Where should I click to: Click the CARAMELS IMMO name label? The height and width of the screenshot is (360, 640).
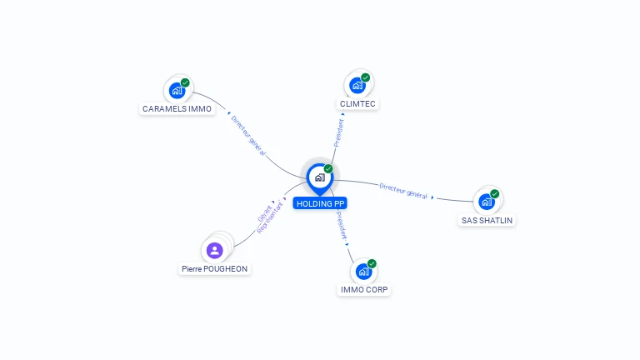click(x=177, y=108)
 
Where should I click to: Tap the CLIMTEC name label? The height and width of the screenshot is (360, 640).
click(x=357, y=104)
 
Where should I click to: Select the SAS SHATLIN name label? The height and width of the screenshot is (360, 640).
click(x=487, y=221)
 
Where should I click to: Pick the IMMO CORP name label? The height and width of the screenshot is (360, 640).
click(x=364, y=290)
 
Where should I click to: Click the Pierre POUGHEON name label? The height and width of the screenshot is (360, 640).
click(x=215, y=269)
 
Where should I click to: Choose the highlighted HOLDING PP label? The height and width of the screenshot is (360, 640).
click(x=320, y=203)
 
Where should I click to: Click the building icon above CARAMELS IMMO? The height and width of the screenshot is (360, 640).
click(x=177, y=90)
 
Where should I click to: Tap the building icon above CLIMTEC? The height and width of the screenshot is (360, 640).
click(x=357, y=85)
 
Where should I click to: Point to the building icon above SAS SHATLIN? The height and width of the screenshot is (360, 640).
click(x=487, y=201)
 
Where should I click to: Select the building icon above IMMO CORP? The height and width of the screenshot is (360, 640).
click(x=363, y=271)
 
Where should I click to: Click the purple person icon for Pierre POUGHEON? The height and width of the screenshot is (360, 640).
click(x=215, y=250)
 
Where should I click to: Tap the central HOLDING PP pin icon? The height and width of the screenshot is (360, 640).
click(x=319, y=177)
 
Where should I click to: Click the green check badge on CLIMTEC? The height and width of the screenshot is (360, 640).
click(x=366, y=77)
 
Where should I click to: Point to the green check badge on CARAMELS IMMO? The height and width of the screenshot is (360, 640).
click(x=185, y=82)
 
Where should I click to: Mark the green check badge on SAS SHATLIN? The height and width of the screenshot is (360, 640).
click(x=495, y=193)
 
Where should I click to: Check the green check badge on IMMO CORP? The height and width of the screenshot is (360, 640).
click(x=372, y=263)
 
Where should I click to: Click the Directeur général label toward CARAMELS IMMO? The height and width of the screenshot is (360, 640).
click(x=247, y=135)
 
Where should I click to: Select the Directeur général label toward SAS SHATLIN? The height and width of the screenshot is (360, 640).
click(x=404, y=190)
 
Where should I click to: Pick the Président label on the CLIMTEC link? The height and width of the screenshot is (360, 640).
click(x=339, y=132)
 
